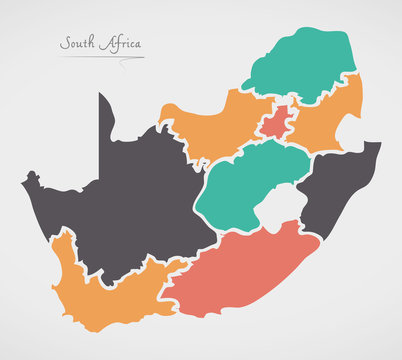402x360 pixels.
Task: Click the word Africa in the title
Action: [121, 44]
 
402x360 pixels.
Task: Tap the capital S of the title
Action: [64, 44]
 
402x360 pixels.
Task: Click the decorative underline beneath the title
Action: [100, 58]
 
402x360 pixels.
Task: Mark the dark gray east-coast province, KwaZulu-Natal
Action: [335, 185]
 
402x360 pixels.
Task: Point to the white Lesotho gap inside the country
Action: [284, 208]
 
